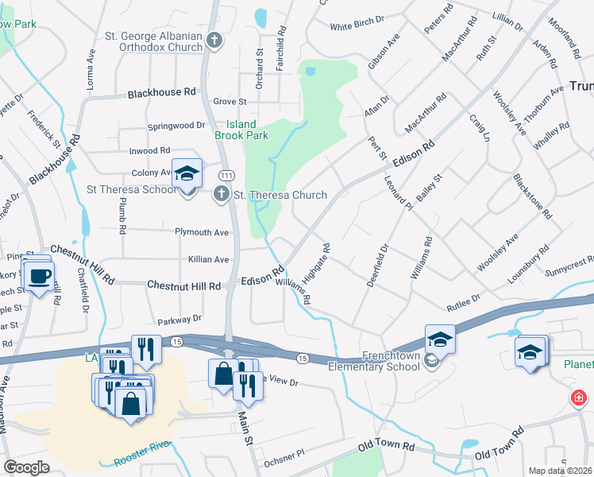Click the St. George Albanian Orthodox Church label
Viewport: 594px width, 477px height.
click(x=154, y=42)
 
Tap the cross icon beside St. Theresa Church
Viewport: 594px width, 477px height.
click(x=222, y=195)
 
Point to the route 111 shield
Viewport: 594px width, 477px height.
click(x=226, y=175)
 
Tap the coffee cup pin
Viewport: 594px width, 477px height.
click(x=37, y=277)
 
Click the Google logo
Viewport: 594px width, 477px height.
click(x=27, y=467)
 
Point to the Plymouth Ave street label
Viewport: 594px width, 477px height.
click(x=202, y=233)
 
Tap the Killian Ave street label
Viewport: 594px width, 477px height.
click(x=208, y=259)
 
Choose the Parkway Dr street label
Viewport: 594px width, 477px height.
click(x=179, y=319)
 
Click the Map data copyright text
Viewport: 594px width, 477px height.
click(x=560, y=471)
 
